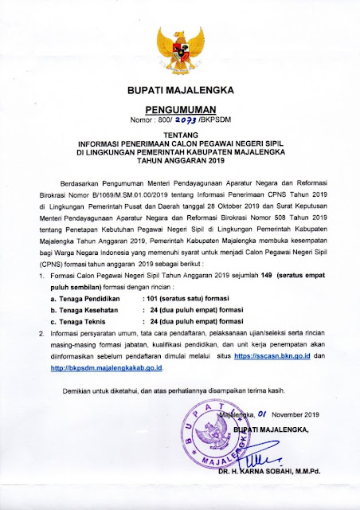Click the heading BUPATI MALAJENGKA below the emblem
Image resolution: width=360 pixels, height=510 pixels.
pyautogui.click(x=180, y=92)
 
